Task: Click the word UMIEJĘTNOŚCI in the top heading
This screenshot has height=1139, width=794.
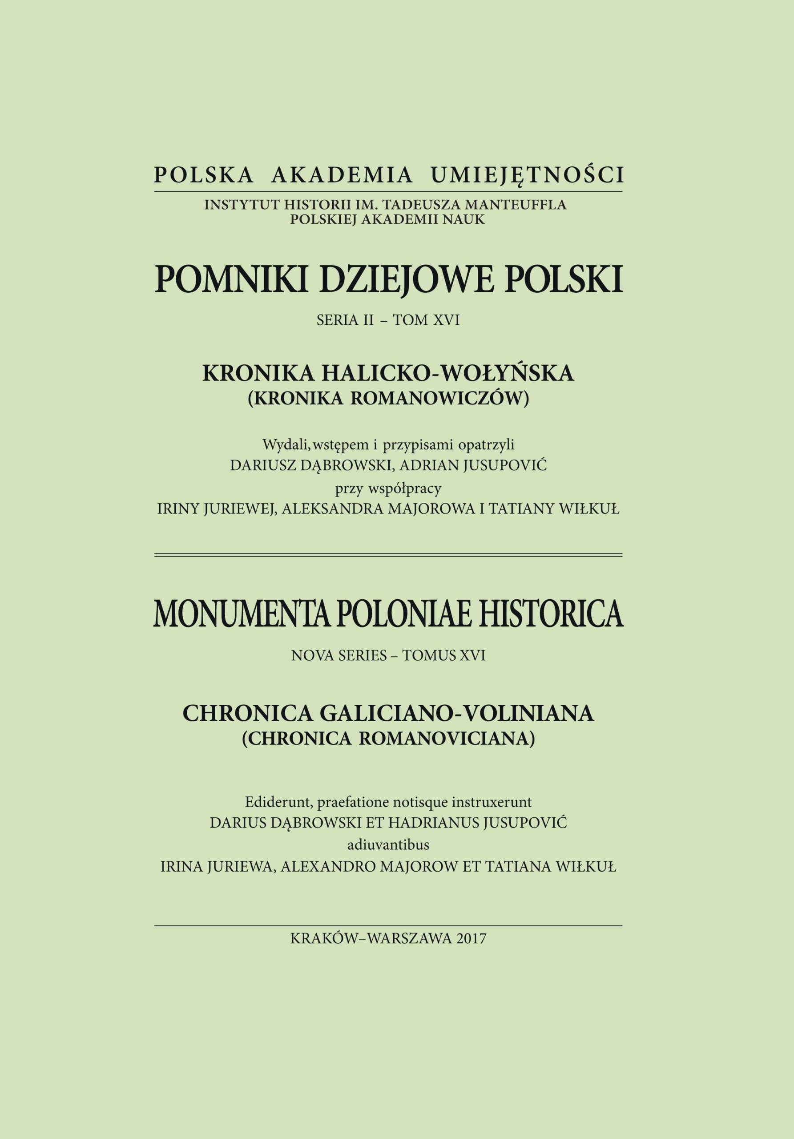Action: coord(527,175)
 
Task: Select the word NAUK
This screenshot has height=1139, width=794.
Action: coord(466,220)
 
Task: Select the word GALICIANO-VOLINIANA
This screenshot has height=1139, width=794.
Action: coord(457,714)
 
